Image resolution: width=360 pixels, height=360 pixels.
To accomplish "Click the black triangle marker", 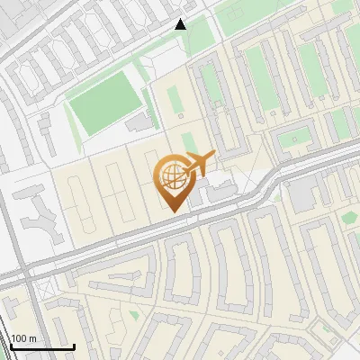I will [x=181, y=24].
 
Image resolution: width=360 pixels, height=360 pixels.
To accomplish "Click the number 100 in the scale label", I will [x=18, y=338].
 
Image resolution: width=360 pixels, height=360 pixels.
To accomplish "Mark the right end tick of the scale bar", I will [x=74, y=345].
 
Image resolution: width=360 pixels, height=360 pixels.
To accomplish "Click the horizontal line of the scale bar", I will [x=40, y=347].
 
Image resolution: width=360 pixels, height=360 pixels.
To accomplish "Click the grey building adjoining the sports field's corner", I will [x=138, y=121].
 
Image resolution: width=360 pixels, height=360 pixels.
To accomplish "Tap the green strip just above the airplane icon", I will [x=190, y=143].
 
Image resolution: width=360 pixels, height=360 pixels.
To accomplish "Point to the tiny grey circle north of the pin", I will [x=181, y=116].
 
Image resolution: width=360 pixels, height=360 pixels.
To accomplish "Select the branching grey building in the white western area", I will [x=38, y=212].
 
